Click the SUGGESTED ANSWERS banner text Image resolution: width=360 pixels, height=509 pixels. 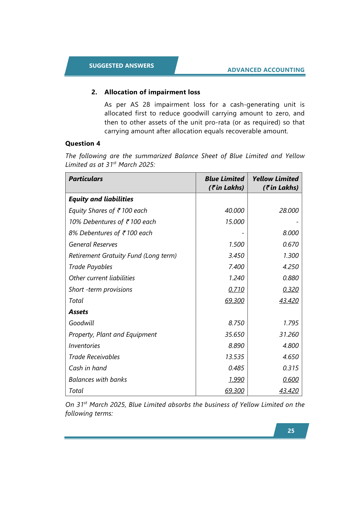point(121,66)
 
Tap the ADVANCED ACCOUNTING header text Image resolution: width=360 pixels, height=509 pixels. point(266,70)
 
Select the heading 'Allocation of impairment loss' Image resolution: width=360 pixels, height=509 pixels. point(152,92)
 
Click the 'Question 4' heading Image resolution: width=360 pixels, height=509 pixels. point(83,144)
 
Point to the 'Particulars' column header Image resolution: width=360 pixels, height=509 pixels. point(86,179)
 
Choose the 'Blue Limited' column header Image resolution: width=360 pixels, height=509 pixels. point(224,179)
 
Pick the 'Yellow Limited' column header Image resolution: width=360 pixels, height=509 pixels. point(275,179)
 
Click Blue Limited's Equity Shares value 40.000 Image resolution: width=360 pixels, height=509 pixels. point(234,211)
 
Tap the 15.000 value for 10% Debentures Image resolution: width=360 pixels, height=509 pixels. point(235,222)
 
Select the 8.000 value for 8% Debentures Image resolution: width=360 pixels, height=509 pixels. point(290,233)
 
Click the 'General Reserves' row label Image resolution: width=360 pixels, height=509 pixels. point(93,245)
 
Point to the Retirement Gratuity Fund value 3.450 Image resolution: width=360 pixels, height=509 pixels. point(236,256)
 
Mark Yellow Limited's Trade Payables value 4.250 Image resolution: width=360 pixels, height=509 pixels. point(290,267)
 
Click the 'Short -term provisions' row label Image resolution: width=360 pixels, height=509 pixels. point(100,290)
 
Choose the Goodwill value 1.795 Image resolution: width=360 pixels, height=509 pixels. point(290,323)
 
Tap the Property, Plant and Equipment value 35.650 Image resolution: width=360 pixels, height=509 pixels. point(234,335)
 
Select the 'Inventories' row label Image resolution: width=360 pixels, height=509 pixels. point(84,346)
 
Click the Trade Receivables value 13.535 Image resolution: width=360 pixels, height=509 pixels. point(234,357)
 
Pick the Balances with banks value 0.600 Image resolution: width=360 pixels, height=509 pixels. point(290,380)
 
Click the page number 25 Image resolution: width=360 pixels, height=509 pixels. point(291,431)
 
